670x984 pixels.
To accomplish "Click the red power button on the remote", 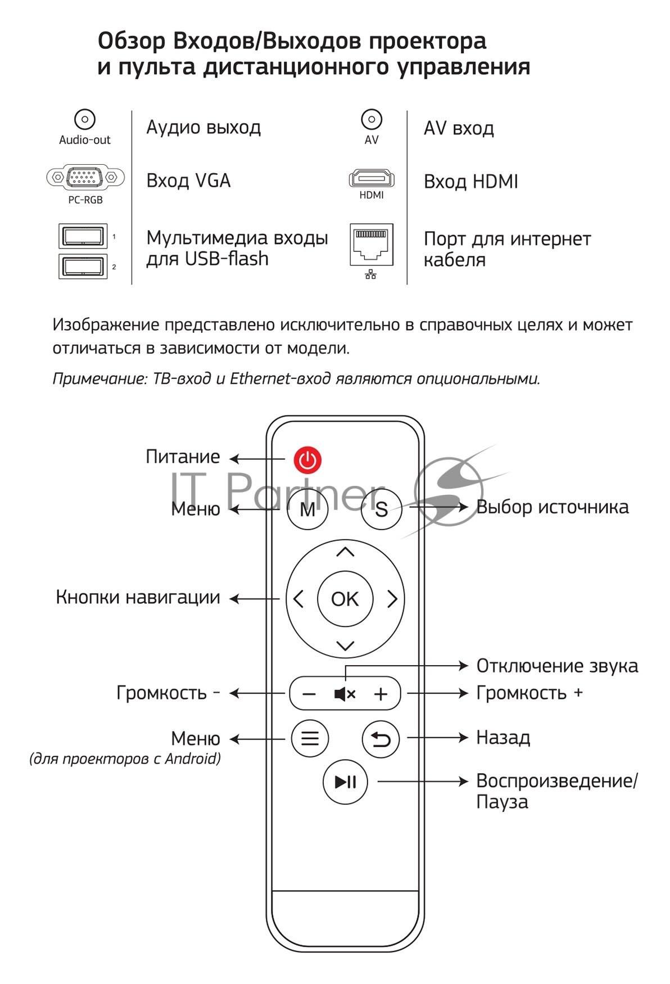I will click(x=307, y=459).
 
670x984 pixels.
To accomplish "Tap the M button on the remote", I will click(x=307, y=509).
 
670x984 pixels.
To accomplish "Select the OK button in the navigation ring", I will click(x=345, y=599).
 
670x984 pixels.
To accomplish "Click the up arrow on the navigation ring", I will click(x=345, y=552).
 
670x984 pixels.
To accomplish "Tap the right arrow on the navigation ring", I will click(x=392, y=599).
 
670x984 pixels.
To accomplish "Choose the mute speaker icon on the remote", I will click(x=345, y=694).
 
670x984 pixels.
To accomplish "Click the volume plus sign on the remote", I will click(x=381, y=694).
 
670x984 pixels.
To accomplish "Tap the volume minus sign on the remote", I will click(x=309, y=694).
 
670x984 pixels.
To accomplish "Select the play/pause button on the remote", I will click(x=345, y=782).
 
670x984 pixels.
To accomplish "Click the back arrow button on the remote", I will click(x=381, y=739).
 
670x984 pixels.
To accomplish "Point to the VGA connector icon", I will click(x=85, y=178).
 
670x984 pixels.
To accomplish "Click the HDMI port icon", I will click(x=372, y=179).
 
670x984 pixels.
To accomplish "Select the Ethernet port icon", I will click(x=371, y=245).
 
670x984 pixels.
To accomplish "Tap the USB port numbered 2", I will click(x=83, y=266).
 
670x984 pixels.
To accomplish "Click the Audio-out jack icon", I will click(x=85, y=119).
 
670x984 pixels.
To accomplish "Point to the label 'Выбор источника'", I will click(x=552, y=507).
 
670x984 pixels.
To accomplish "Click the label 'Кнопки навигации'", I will click(x=138, y=597).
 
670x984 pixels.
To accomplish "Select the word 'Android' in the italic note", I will click(x=191, y=759).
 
